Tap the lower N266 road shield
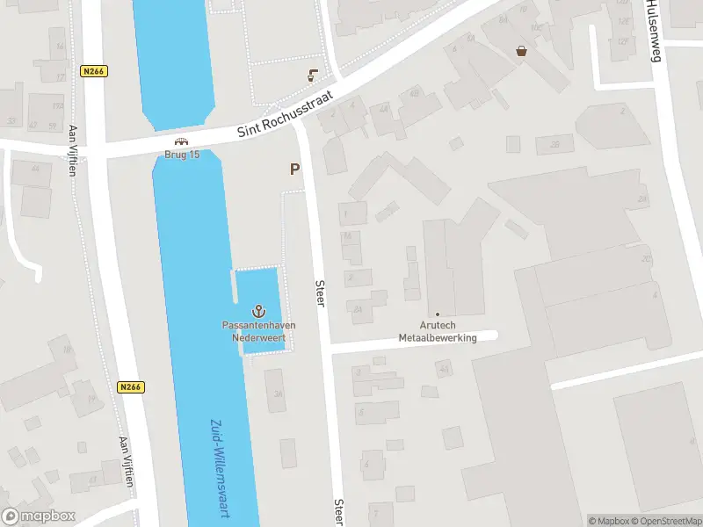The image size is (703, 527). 130,386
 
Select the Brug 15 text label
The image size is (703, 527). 182,155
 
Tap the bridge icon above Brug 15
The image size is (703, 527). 182,141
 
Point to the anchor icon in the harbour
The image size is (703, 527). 258,310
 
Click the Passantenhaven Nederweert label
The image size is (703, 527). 258,330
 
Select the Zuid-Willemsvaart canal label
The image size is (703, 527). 217,466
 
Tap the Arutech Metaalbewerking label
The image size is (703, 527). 437,331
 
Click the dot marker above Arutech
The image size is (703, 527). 438,314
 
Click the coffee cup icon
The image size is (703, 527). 312,76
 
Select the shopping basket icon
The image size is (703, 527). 522,51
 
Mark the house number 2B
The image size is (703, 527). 554,144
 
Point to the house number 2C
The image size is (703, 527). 646,259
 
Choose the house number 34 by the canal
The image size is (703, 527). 278,393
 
